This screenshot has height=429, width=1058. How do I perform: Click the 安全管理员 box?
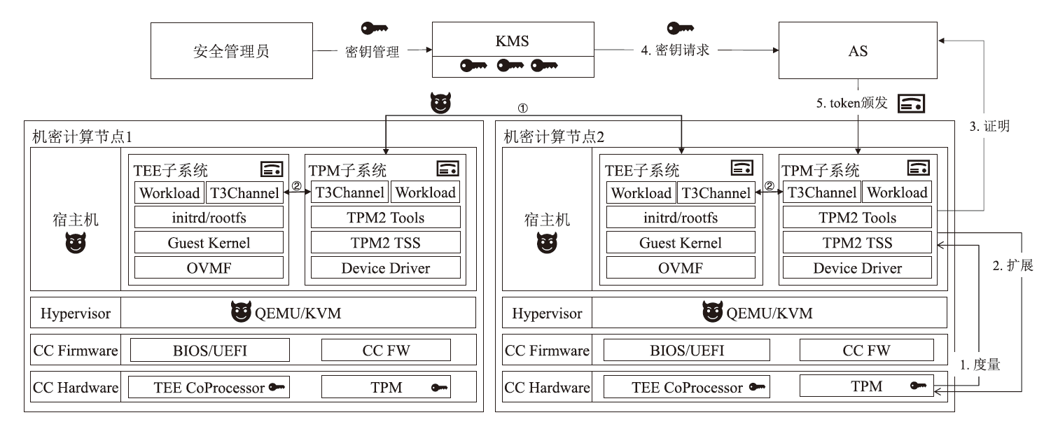click(x=231, y=50)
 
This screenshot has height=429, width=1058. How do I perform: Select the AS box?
click(x=858, y=50)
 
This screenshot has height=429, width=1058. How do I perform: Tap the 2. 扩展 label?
click(x=1012, y=267)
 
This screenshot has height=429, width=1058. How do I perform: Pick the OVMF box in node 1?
click(x=209, y=268)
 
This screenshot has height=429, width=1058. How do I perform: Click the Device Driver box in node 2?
click(x=857, y=268)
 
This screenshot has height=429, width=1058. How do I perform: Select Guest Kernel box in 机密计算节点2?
click(x=681, y=243)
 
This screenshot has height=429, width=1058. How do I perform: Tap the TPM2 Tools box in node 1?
click(x=386, y=218)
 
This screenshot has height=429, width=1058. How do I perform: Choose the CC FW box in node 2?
click(x=866, y=350)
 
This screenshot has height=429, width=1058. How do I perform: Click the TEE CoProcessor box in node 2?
click(x=686, y=388)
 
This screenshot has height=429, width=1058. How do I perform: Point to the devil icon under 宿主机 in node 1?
click(x=75, y=244)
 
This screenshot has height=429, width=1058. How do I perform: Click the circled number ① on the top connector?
click(x=522, y=108)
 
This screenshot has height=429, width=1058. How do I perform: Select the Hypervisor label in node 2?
click(x=546, y=313)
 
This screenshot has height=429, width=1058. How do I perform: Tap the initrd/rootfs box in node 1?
click(x=209, y=218)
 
